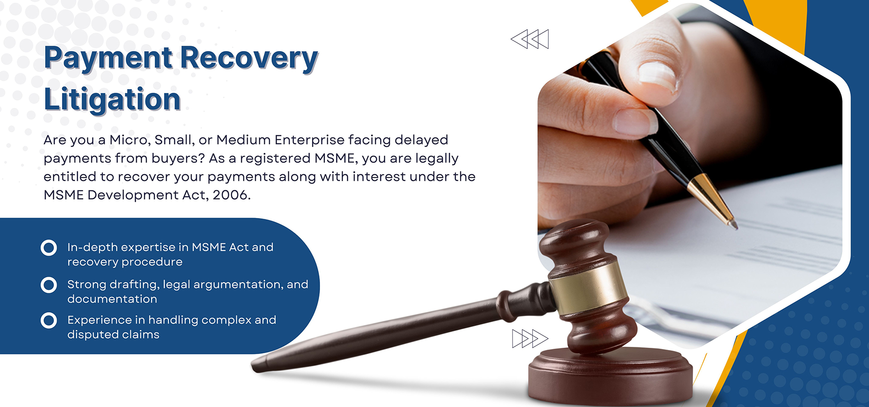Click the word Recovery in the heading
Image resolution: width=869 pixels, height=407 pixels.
click(250, 59)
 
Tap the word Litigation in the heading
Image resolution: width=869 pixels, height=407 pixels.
click(112, 99)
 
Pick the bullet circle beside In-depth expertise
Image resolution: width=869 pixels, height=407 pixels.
click(49, 248)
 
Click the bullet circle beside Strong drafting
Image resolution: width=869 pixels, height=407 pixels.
click(49, 285)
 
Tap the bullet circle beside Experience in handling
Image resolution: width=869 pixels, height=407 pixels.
click(49, 321)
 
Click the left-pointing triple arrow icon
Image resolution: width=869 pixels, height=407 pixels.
click(530, 39)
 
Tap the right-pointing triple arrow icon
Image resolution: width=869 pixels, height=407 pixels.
click(530, 339)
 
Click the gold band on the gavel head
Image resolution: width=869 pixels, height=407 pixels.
click(588, 288)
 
